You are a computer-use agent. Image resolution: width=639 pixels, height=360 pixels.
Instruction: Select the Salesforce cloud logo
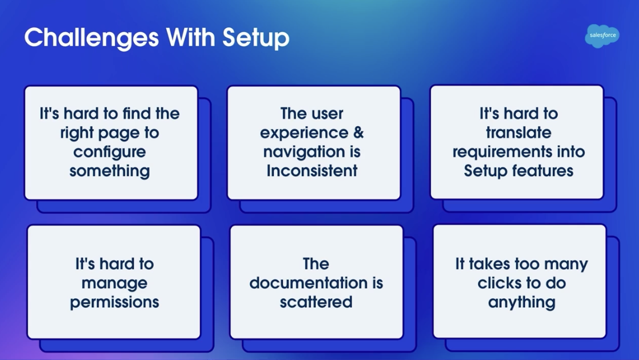[602, 35]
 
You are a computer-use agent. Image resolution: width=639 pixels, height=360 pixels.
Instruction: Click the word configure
[110, 152]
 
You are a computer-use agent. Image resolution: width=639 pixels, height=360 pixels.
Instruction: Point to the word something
[110, 170]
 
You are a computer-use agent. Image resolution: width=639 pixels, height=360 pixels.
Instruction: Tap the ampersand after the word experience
[358, 133]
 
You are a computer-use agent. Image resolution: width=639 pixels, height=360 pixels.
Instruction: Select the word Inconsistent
[312, 170]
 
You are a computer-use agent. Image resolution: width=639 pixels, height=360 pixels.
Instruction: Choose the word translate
[518, 133]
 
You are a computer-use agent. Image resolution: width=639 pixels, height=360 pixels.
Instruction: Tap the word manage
[114, 283]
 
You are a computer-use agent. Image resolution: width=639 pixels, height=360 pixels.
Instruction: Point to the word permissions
[114, 302]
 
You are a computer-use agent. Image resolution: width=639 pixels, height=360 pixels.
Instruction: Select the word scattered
[316, 302]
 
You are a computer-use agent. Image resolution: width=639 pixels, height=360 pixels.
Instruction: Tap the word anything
[521, 302]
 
